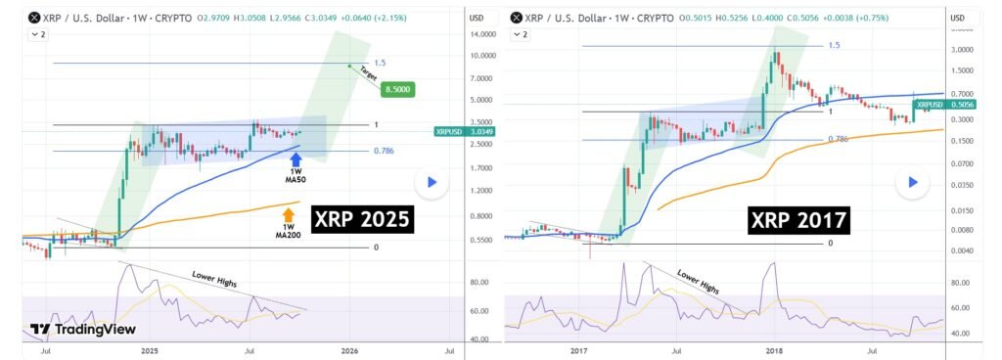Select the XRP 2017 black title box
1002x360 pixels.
[798, 219]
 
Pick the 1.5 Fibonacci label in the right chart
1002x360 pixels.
[834, 45]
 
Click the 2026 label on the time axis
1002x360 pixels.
[349, 349]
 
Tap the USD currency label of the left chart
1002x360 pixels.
[478, 18]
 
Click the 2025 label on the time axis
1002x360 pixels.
[149, 349]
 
